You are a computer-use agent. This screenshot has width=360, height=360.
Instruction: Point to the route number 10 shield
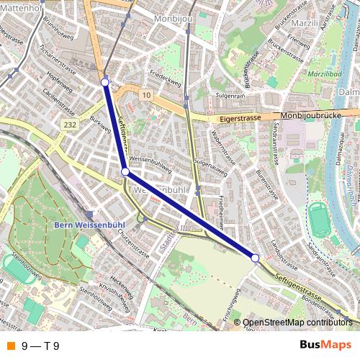[146, 94]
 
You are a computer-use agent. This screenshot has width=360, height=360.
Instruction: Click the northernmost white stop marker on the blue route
[105, 83]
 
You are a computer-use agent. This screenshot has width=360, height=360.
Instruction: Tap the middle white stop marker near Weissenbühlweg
[125, 172]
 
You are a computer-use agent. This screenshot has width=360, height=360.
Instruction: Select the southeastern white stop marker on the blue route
[255, 257]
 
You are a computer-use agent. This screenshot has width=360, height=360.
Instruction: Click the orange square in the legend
[9, 346]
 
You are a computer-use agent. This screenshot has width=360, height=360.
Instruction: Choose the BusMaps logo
[325, 345]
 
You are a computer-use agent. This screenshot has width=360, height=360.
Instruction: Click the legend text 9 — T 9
[40, 346]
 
